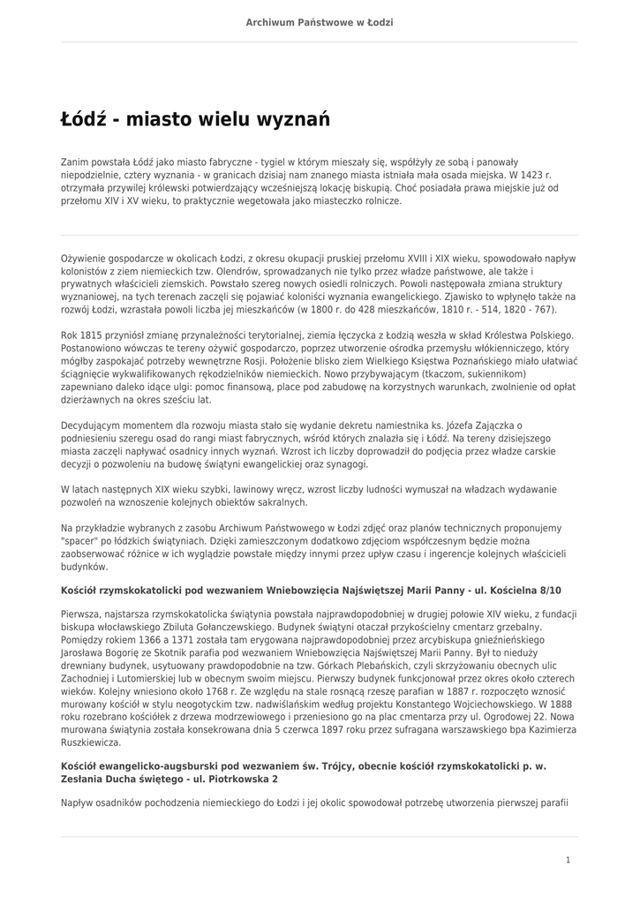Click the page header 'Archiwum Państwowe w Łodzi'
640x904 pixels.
320,21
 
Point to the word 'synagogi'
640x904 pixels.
345,463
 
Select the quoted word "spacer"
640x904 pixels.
79,540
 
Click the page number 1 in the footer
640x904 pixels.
568,860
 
